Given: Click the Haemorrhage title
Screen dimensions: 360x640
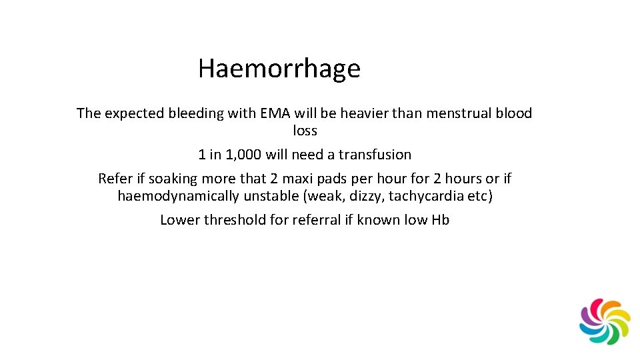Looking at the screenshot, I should pyautogui.click(x=279, y=69).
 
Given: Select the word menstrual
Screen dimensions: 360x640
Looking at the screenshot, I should pyautogui.click(x=457, y=113).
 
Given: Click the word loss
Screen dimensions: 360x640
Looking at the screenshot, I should pyautogui.click(x=305, y=131).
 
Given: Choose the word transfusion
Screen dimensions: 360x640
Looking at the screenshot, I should pyautogui.click(x=375, y=155).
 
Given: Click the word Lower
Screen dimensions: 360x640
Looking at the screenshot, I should pyautogui.click(x=180, y=220).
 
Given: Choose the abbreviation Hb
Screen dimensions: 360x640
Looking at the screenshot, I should pyautogui.click(x=440, y=220).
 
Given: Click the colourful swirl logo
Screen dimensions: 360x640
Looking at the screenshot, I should pyautogui.click(x=605, y=321).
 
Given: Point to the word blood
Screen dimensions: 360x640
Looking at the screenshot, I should pyautogui.click(x=514, y=113).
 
